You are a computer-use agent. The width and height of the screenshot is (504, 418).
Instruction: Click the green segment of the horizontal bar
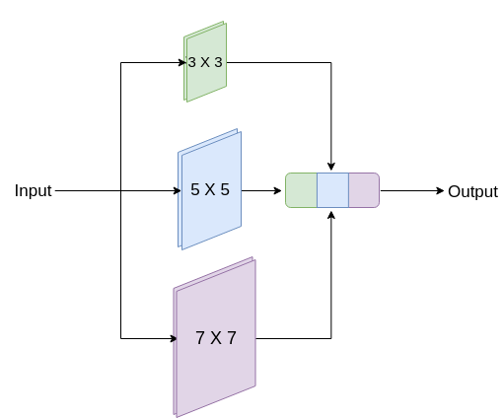[x=301, y=190]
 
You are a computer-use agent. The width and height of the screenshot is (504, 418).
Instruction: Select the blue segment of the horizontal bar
[x=332, y=190]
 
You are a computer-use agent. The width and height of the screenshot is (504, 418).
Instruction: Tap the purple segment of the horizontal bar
[x=364, y=190]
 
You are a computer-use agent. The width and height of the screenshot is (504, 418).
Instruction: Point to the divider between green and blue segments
[x=317, y=190]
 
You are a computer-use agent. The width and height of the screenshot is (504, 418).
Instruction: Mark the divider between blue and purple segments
[x=348, y=190]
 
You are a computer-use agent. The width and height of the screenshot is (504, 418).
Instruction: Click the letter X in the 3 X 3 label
[x=205, y=62]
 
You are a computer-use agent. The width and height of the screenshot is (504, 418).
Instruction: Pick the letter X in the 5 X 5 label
[x=209, y=189]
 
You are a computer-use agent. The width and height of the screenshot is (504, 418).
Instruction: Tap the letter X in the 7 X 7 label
[x=215, y=338]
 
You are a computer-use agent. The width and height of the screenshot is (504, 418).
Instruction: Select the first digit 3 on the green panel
[x=191, y=62]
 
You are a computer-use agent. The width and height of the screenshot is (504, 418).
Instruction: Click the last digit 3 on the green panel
[x=218, y=62]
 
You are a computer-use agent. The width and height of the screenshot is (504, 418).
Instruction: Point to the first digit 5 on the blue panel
[x=195, y=189]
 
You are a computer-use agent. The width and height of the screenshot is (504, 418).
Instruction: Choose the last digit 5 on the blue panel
[x=224, y=189]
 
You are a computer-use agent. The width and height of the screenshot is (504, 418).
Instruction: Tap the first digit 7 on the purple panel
[x=200, y=338]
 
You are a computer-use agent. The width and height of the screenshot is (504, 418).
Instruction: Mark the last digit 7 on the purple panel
[x=231, y=338]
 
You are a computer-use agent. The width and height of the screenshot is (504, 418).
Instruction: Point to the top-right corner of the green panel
[x=224, y=23]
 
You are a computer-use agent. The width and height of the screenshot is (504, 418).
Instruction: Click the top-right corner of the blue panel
[x=239, y=129]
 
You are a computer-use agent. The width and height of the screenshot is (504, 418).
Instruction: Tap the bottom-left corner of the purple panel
[x=175, y=415]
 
